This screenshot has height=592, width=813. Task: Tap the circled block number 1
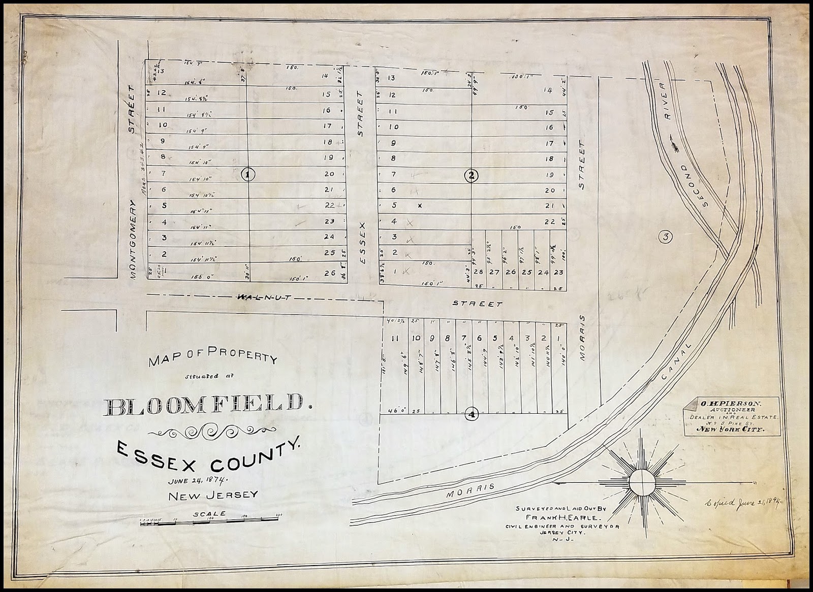[247, 175]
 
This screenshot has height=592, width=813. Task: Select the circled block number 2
[472, 176]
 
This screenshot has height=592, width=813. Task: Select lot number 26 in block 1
[329, 273]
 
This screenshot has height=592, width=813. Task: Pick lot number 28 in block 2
[478, 272]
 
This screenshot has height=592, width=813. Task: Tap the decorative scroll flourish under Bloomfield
[208, 432]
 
